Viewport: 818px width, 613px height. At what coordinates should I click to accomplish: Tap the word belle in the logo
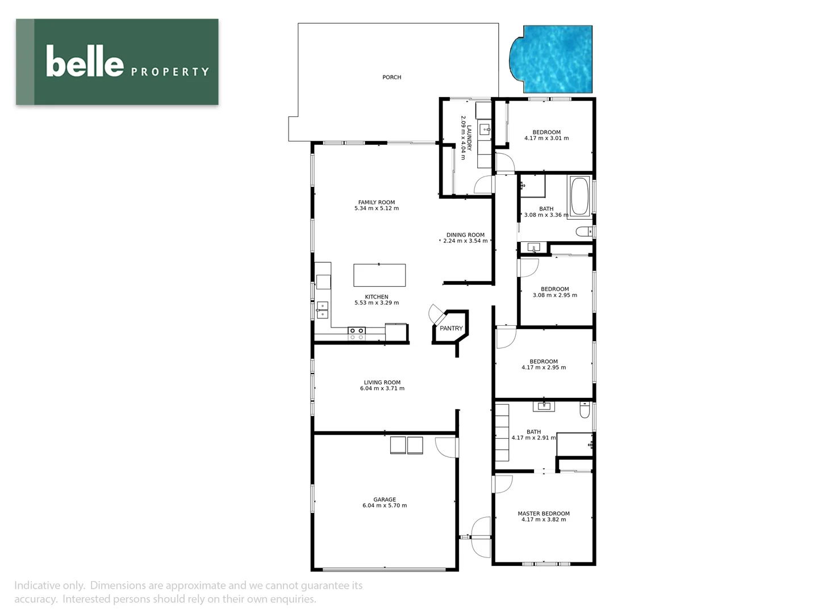[x=85, y=62]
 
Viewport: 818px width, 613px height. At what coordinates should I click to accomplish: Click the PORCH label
[x=391, y=77]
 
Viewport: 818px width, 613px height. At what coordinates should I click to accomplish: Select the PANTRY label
[x=451, y=329]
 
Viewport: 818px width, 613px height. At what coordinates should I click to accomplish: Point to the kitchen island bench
[x=379, y=275]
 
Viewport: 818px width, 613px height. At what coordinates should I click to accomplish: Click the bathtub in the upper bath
[x=579, y=197]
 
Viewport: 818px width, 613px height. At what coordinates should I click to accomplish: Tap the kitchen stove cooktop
[x=356, y=334]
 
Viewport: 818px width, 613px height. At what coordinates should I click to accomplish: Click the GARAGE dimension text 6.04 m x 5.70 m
[x=385, y=506]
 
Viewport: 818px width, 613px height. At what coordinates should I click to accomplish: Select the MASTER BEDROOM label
[x=544, y=514]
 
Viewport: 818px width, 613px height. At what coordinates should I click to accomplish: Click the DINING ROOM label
[x=465, y=235]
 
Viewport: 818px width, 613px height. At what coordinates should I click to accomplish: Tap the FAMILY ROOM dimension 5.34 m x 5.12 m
[x=377, y=208]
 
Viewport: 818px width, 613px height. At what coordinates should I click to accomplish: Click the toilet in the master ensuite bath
[x=585, y=410]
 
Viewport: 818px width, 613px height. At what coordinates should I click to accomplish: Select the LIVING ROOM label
[x=382, y=383]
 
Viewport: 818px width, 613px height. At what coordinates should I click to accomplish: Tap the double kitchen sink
[x=322, y=310]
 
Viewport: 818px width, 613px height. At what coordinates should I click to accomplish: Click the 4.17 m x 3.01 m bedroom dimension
[x=546, y=138]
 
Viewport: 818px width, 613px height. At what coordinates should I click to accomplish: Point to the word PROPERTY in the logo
[x=170, y=72]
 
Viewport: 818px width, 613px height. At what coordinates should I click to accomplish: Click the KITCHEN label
[x=377, y=297]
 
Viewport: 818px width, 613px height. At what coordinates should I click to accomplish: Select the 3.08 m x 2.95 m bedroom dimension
[x=555, y=295]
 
